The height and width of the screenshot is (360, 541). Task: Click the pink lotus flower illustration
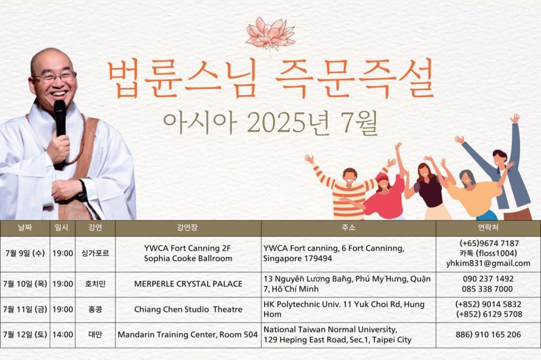pyautogui.click(x=270, y=34)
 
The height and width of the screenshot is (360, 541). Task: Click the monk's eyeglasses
pyautogui.click(x=54, y=77)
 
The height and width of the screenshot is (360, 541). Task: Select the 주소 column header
pyautogui.click(x=348, y=228)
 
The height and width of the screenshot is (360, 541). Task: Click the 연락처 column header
pyautogui.click(x=488, y=228)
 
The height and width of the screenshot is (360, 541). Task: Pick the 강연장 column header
pyautogui.click(x=188, y=228)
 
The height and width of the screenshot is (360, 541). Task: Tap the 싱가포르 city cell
pyautogui.click(x=95, y=253)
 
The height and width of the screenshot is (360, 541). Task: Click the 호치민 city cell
pyautogui.click(x=95, y=284)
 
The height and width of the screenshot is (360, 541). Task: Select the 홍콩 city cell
pyautogui.click(x=95, y=309)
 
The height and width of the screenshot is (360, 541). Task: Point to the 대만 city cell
pyautogui.click(x=95, y=335)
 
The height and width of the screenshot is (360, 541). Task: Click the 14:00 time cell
pyautogui.click(x=63, y=335)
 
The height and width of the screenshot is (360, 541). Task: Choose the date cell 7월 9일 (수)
pyautogui.click(x=25, y=253)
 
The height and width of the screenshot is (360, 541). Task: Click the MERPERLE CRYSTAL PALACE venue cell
pyautogui.click(x=188, y=284)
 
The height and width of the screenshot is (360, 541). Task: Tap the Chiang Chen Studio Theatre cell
pyautogui.click(x=188, y=309)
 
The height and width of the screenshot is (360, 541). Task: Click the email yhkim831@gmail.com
pyautogui.click(x=488, y=263)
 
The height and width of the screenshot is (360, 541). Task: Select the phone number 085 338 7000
pyautogui.click(x=488, y=289)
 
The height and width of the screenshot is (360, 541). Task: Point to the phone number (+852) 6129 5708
pyautogui.click(x=489, y=314)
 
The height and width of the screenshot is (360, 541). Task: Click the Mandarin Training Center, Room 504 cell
pyautogui.click(x=188, y=335)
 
